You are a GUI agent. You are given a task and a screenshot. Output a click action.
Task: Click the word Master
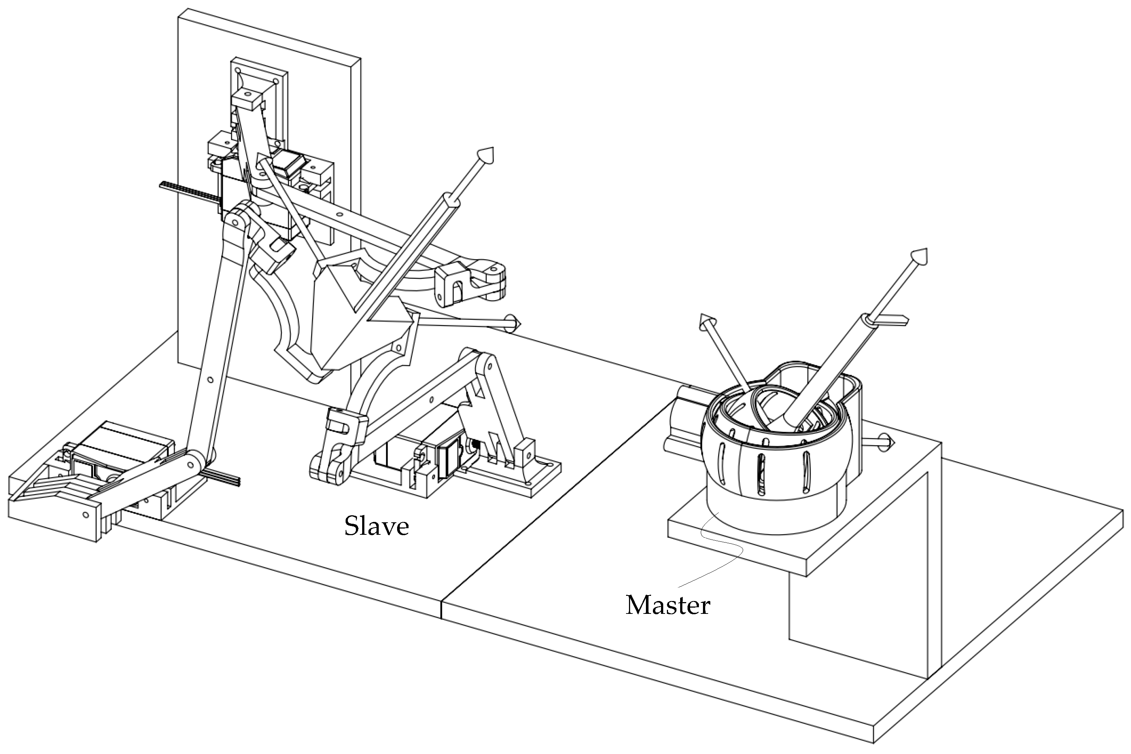667,605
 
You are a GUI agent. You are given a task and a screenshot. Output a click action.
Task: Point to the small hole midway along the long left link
210,380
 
